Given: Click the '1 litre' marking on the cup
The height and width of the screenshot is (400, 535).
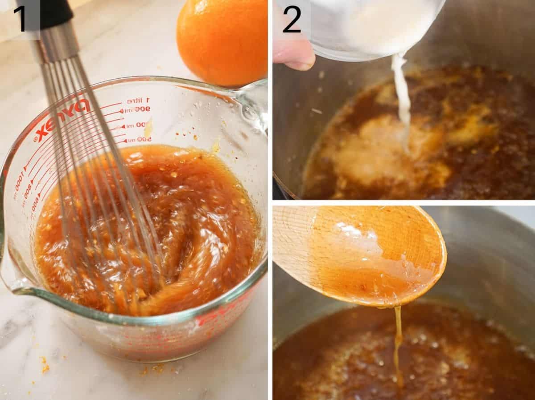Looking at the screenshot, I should click(138, 101).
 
